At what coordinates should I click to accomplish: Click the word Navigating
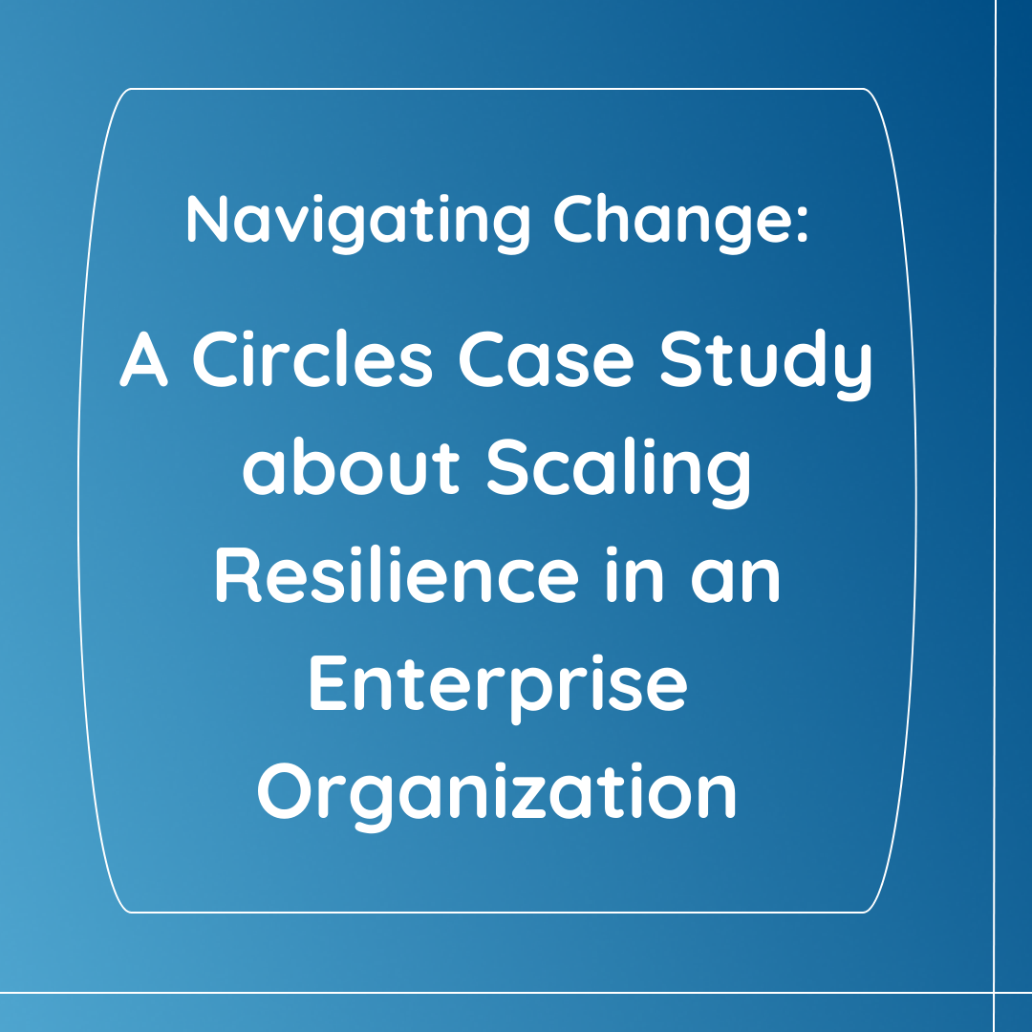358,223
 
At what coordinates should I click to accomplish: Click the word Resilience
397,574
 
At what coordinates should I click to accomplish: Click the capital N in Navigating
206,219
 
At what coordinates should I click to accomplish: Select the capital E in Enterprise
328,683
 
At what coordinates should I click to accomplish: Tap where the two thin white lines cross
995,993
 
